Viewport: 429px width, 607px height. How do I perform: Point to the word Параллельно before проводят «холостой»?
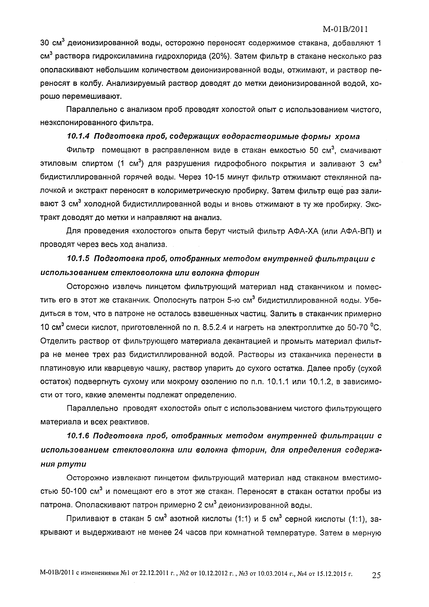[x=92, y=409]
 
